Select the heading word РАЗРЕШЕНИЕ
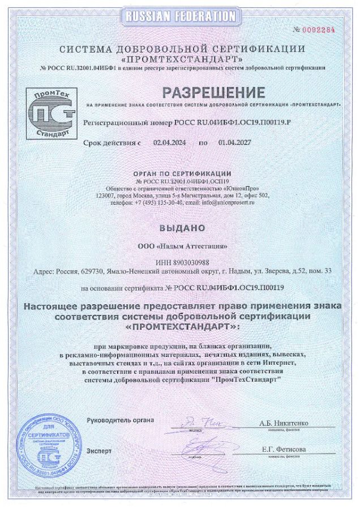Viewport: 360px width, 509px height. (x=213, y=92)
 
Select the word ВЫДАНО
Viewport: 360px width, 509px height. (x=179, y=228)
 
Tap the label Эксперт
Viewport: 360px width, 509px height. (x=99, y=451)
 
